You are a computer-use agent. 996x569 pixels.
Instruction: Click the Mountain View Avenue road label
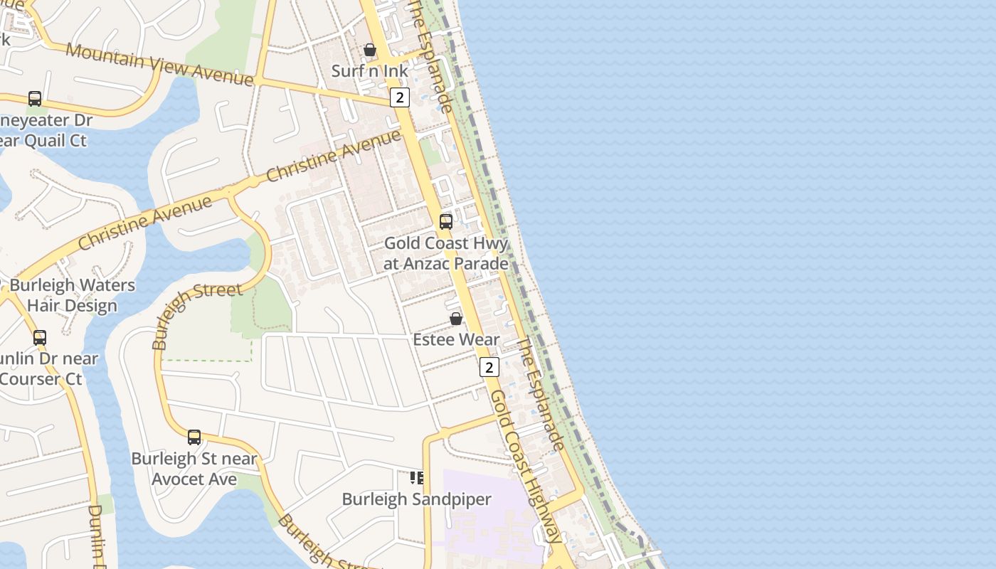click(x=159, y=65)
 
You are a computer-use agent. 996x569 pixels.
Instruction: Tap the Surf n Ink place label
click(x=370, y=71)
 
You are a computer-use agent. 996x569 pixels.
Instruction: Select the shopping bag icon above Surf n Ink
click(x=370, y=50)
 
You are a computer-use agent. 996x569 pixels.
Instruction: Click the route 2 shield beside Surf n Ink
click(x=400, y=97)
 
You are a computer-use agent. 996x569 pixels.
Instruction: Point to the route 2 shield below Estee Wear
click(x=489, y=367)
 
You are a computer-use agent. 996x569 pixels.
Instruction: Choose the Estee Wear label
click(x=456, y=339)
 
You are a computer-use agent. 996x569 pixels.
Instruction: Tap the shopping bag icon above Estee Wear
click(x=456, y=319)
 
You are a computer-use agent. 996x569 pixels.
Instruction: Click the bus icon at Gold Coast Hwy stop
click(x=446, y=221)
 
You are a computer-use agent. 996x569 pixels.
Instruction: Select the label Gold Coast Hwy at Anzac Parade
click(x=446, y=253)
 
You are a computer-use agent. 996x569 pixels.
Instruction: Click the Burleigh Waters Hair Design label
click(x=72, y=296)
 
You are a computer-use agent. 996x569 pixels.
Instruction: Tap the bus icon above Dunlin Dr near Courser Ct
click(x=40, y=338)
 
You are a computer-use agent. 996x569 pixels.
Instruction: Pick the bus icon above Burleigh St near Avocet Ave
click(x=194, y=437)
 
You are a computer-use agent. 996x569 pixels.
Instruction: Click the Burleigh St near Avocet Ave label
click(x=194, y=469)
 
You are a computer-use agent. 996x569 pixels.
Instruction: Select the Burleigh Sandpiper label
click(x=416, y=499)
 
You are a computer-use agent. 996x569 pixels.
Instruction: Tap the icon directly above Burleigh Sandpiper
click(x=417, y=478)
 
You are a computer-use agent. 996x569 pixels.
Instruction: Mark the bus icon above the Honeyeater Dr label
click(x=35, y=99)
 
